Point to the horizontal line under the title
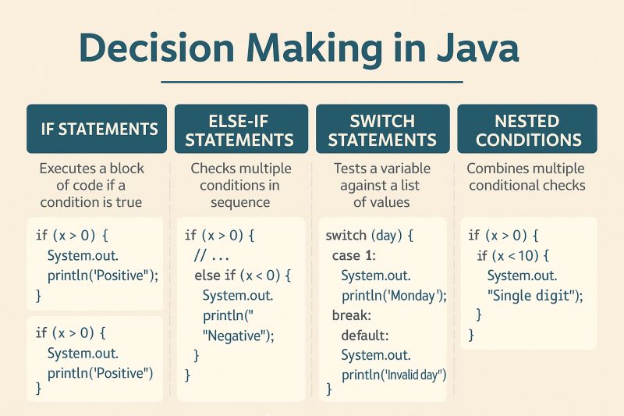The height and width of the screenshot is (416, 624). click(312, 81)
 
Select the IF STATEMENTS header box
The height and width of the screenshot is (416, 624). click(97, 129)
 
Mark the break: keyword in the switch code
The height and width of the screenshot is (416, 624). click(351, 315)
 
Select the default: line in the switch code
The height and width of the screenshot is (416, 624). click(364, 336)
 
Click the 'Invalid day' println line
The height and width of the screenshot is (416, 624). click(393, 375)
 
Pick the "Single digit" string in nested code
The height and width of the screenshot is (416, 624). click(534, 295)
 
